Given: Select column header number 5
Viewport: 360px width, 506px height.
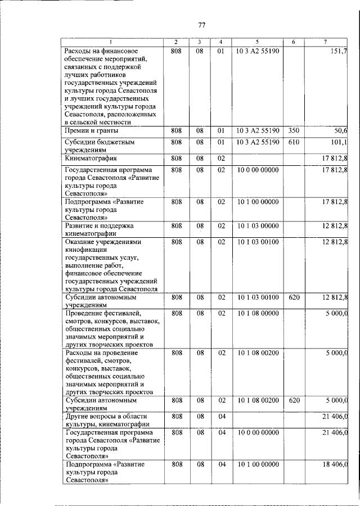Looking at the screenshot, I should coord(256,43).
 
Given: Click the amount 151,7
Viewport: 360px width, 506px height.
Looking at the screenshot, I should coord(337,51).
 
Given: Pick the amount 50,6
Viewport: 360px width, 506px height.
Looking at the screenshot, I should coord(339,130).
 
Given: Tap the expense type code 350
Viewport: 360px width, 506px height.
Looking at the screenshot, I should coord(293,130).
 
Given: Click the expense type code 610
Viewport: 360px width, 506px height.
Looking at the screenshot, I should coord(293,142).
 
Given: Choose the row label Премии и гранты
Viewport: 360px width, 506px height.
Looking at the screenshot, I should coord(91,130).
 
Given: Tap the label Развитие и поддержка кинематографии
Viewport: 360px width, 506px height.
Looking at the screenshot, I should coord(99,230).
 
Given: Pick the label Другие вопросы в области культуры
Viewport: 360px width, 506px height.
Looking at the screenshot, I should coord(107,420).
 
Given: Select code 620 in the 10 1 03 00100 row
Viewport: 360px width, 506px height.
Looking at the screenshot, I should coord(293,297).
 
